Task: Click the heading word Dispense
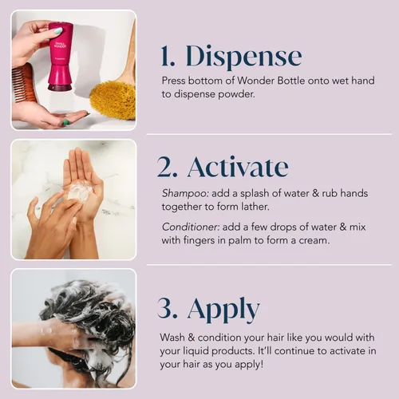[244, 57]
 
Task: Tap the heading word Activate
[238, 167]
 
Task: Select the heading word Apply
[223, 309]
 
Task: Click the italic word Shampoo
[185, 194]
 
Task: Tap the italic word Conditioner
[191, 227]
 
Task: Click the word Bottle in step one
[290, 81]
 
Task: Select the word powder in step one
[236, 94]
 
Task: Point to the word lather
[255, 207]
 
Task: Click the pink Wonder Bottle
[60, 56]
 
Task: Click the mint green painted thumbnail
[57, 31]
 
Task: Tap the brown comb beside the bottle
[23, 83]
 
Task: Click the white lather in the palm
[79, 191]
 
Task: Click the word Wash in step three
[172, 338]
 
